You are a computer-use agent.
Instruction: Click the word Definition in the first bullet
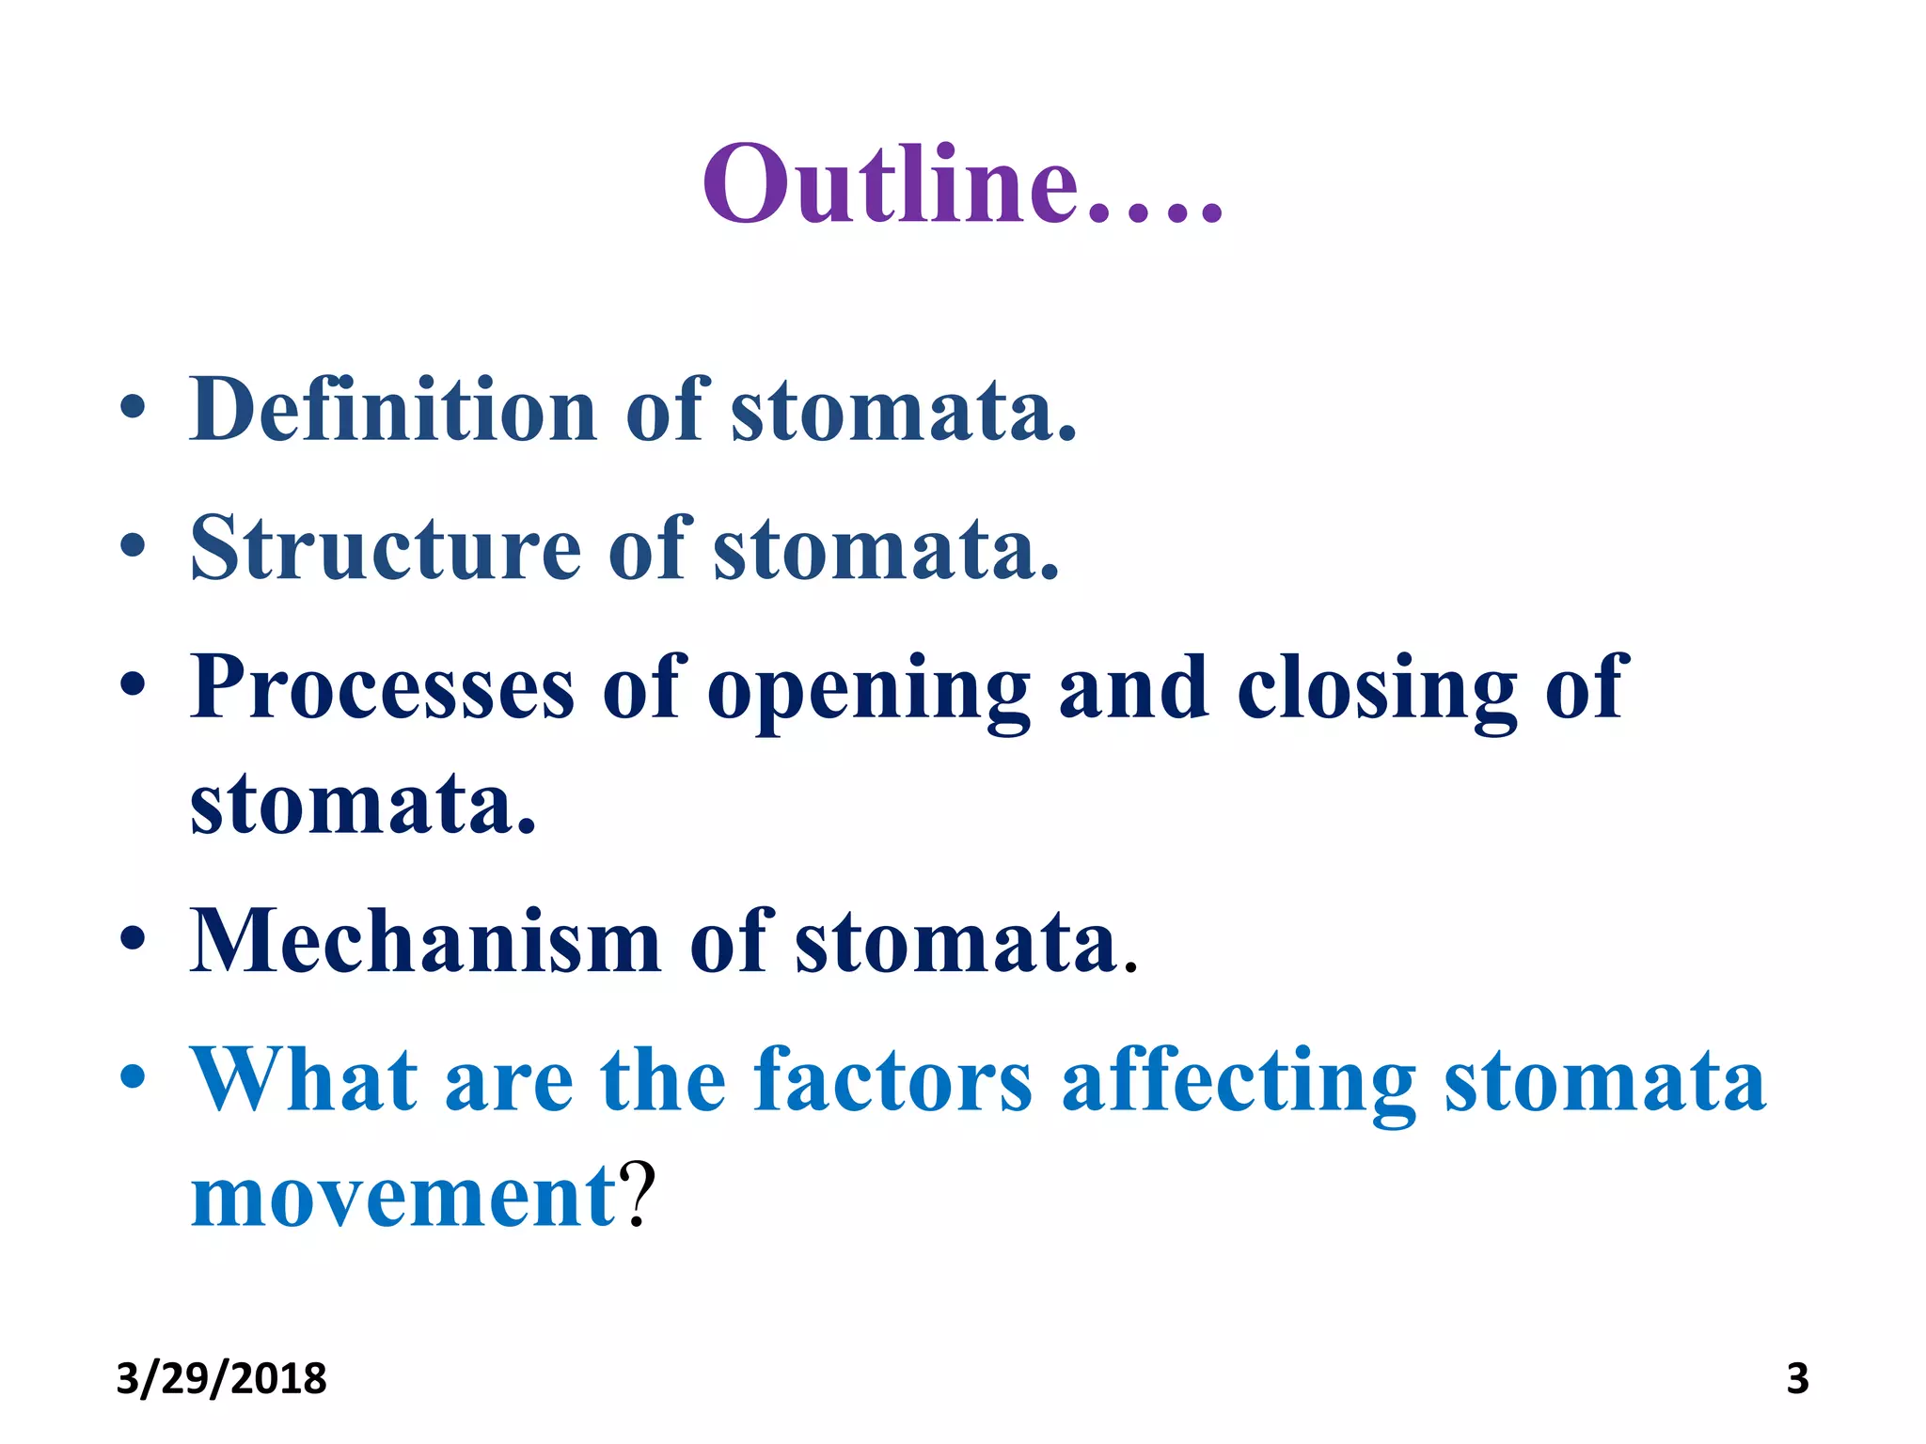(x=393, y=410)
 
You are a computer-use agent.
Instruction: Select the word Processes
(x=381, y=687)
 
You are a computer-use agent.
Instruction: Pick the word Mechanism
(x=425, y=941)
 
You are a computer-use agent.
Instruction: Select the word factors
(x=892, y=1080)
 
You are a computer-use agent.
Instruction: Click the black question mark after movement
(x=639, y=1194)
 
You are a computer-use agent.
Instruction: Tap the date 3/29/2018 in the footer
(x=221, y=1379)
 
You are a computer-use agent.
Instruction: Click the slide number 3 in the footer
(x=1797, y=1379)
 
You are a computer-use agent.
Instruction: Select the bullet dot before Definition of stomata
(x=133, y=406)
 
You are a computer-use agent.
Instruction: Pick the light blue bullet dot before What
(x=133, y=1076)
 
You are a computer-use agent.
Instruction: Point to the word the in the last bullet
(x=663, y=1080)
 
